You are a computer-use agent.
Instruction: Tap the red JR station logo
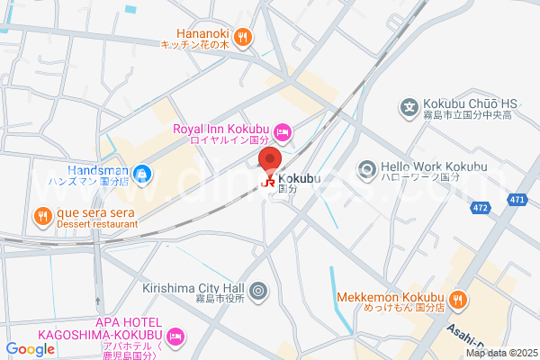pos(268,182)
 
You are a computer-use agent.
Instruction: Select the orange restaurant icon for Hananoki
pos(243,37)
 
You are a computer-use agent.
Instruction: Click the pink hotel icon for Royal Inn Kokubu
pos(282,133)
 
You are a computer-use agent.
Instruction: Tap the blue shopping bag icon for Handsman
pos(140,173)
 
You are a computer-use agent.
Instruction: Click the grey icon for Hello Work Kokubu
pos(366,168)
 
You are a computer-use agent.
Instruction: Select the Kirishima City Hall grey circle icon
pos(258,290)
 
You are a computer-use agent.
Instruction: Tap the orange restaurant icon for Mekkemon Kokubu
pos(458,299)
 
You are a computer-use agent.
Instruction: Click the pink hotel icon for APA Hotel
pos(176,336)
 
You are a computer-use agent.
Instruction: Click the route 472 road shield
pos(481,208)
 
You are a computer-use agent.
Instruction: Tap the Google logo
pos(30,348)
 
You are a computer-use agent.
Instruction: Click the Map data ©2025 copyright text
pos(500,352)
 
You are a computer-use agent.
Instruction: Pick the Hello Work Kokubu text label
pos(433,166)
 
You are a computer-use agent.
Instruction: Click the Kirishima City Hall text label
pos(193,288)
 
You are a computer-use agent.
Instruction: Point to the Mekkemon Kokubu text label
pos(391,298)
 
